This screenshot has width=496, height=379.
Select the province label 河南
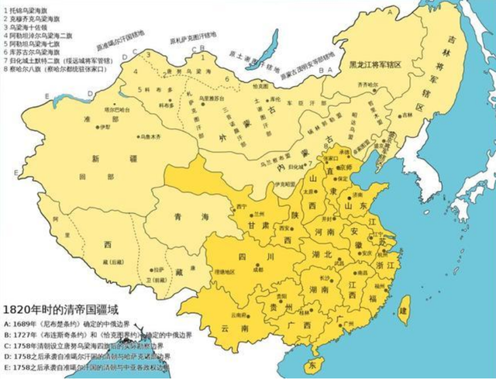[x=319, y=230]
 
